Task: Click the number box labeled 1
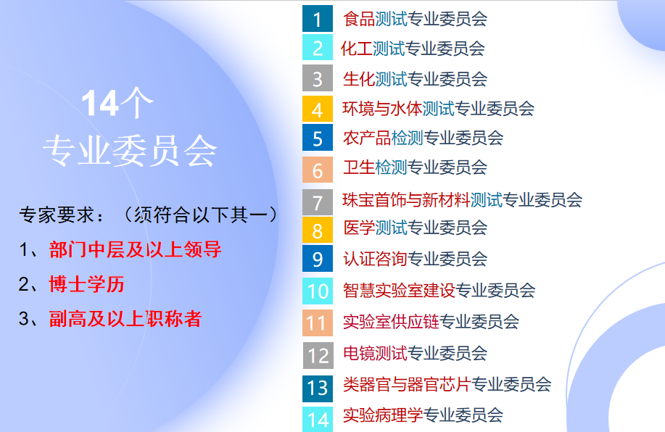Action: click(317, 19)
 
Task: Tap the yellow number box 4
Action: click(317, 109)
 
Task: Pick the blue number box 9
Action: click(317, 259)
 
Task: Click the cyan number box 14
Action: click(317, 418)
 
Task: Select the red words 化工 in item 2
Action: click(356, 49)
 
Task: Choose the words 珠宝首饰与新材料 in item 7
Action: click(406, 199)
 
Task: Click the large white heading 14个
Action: click(116, 105)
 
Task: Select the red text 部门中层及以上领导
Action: click(135, 250)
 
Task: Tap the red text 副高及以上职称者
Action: click(125, 318)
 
